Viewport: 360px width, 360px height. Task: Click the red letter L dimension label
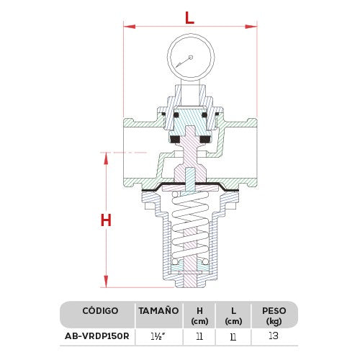pyautogui.click(x=189, y=17)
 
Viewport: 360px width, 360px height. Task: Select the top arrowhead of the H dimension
pyautogui.click(x=106, y=156)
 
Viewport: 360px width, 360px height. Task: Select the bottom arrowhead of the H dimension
pyautogui.click(x=106, y=283)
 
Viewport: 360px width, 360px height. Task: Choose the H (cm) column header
pyautogui.click(x=199, y=315)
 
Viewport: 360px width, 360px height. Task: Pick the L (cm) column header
pyautogui.click(x=233, y=315)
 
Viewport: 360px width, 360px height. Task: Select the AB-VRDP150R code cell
pyautogui.click(x=98, y=336)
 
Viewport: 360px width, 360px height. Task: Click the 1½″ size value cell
pyautogui.click(x=157, y=336)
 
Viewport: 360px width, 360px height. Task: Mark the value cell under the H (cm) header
pyautogui.click(x=199, y=336)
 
